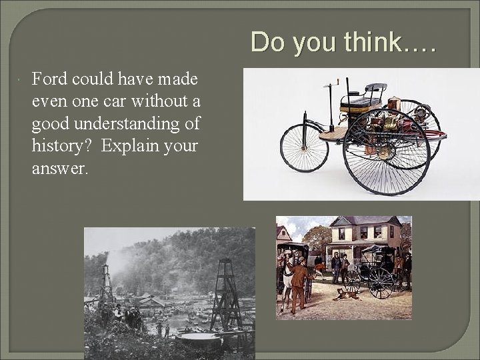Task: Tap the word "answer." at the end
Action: click(x=59, y=169)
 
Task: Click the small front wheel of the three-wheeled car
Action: click(x=304, y=148)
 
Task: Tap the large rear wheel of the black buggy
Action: click(x=381, y=283)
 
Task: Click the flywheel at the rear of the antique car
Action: click(x=420, y=130)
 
